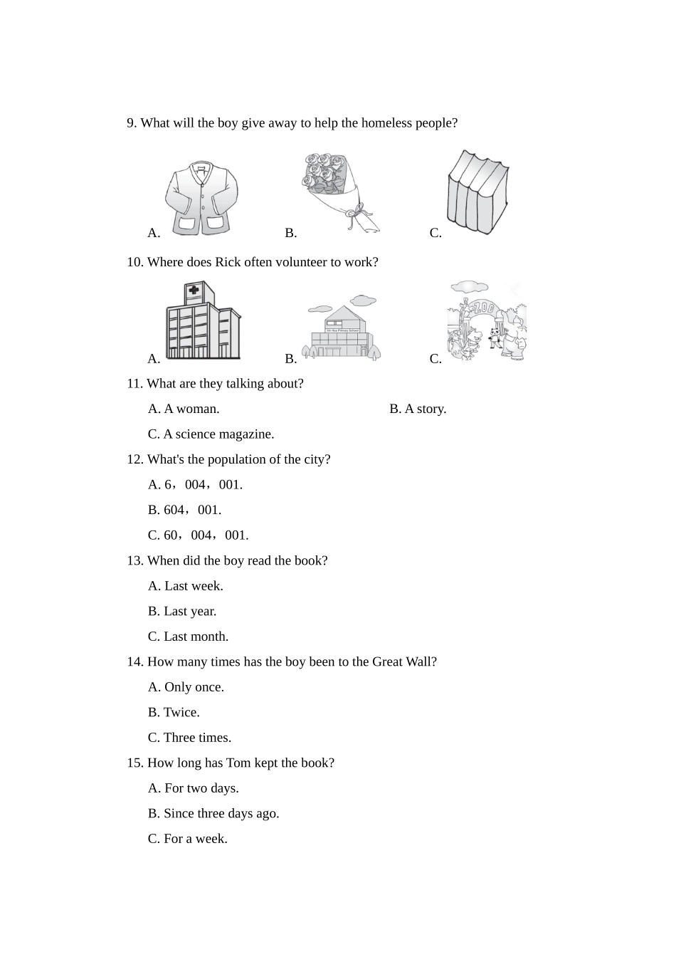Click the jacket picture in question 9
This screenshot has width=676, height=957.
pos(201,197)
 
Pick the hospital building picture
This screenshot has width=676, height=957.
pos(202,322)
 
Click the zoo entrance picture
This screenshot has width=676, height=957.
pos(487,322)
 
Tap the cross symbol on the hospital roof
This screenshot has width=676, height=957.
pos(193,291)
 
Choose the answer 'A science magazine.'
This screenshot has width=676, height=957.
pos(211,434)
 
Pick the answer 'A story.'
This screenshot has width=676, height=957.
pos(418,409)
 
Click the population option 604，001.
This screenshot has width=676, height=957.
pos(185,510)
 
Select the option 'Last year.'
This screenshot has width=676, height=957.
pos(182,611)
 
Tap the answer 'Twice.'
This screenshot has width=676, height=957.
pos(174,712)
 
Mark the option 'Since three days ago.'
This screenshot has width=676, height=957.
pos(213,813)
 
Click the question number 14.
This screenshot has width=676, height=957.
pos(134,661)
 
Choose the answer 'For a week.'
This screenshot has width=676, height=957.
pos(188,839)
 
